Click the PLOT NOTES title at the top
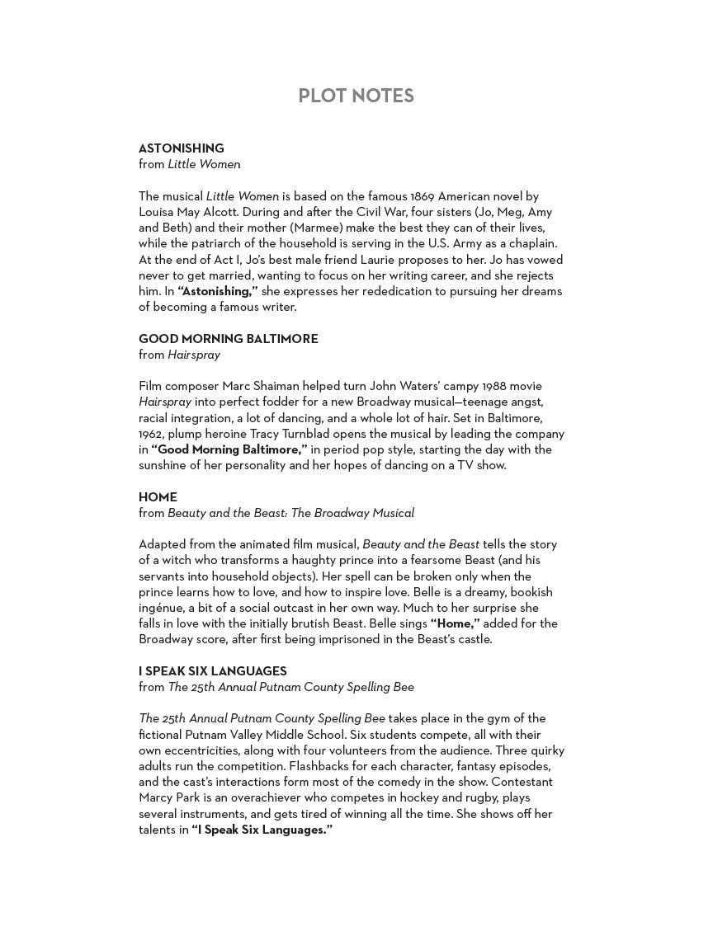pos(356,96)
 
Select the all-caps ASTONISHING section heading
pos(181,148)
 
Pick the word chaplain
pos(533,244)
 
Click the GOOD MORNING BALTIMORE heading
pos(228,339)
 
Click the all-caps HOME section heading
pos(158,497)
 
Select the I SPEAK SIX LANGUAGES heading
pos(212,671)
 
